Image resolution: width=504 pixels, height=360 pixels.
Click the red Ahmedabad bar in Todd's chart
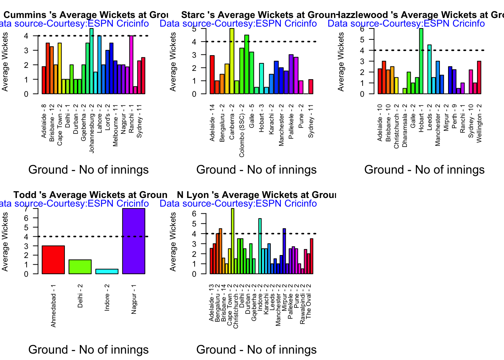coord(53,259)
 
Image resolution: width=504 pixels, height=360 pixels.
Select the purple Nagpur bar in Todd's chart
coord(133,241)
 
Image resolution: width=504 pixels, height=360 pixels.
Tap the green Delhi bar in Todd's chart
coord(80,267)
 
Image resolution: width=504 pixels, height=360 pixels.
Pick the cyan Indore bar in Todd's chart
coord(107,271)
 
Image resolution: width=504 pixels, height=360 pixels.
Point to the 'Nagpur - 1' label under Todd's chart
coord(134,299)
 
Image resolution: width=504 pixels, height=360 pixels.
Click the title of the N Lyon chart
coord(256,195)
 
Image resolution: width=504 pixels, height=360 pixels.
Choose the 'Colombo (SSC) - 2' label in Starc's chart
coord(242,130)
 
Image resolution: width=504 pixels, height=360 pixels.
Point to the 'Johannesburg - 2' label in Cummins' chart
coord(92,128)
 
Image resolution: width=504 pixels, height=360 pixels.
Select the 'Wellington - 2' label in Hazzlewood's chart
coord(479,123)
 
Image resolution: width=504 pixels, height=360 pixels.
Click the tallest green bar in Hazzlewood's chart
coord(421,61)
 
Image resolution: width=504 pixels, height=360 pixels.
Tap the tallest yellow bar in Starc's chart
coord(232,61)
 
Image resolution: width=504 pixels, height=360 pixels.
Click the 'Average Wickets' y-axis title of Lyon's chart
coord(173,241)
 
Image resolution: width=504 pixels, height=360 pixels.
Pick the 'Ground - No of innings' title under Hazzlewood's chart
coord(424,170)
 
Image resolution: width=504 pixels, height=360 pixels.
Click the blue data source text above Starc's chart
coord(238,24)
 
